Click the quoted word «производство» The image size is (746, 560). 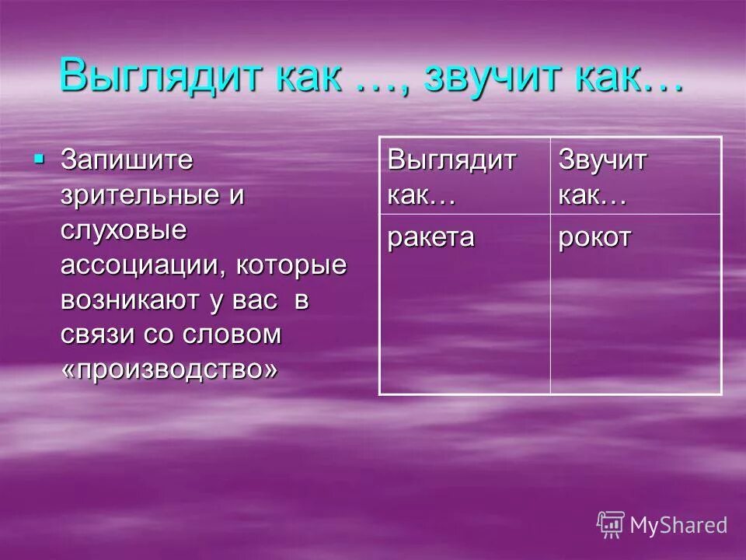click(x=169, y=369)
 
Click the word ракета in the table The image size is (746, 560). click(x=431, y=237)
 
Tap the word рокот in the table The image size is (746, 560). click(x=595, y=237)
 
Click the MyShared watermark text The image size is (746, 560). click(x=678, y=525)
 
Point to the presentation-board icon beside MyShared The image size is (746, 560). click(x=611, y=525)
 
